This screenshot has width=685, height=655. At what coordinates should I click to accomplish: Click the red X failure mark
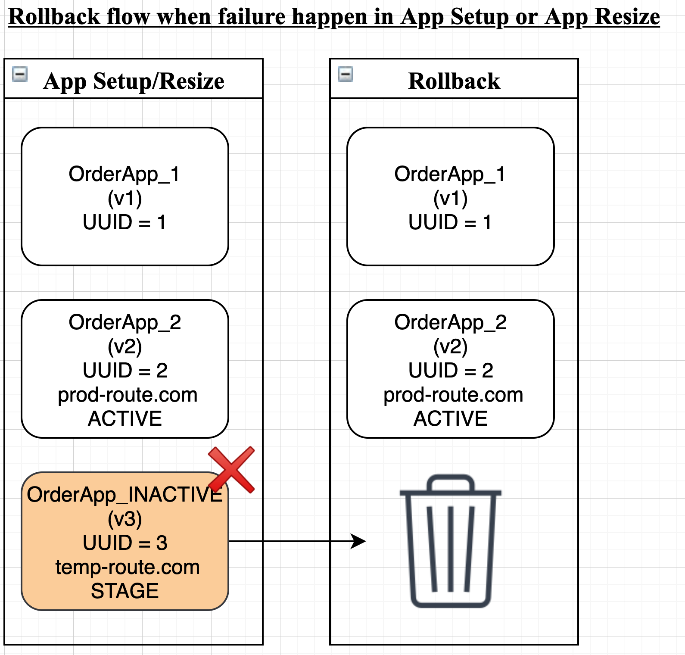231,469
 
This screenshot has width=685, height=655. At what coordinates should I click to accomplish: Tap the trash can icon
451,541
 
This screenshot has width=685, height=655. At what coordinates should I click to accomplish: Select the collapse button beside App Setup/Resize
20,74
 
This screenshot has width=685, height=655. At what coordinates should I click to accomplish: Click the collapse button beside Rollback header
346,74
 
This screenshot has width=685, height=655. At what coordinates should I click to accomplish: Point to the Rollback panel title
454,81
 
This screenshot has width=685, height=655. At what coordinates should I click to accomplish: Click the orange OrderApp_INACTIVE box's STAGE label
125,591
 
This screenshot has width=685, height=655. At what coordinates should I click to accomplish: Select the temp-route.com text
128,567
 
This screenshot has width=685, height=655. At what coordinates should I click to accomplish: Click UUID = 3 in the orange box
125,543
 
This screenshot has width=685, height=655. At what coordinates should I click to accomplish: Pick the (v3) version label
125,519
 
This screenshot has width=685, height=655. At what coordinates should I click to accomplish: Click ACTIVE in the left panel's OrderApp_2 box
125,418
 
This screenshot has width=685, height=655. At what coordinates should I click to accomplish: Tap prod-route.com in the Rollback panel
453,395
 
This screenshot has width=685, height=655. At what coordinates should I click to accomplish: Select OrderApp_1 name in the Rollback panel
450,175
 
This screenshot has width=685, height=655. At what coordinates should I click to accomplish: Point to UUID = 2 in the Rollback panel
451,370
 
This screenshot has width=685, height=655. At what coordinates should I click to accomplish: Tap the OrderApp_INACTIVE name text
125,495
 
